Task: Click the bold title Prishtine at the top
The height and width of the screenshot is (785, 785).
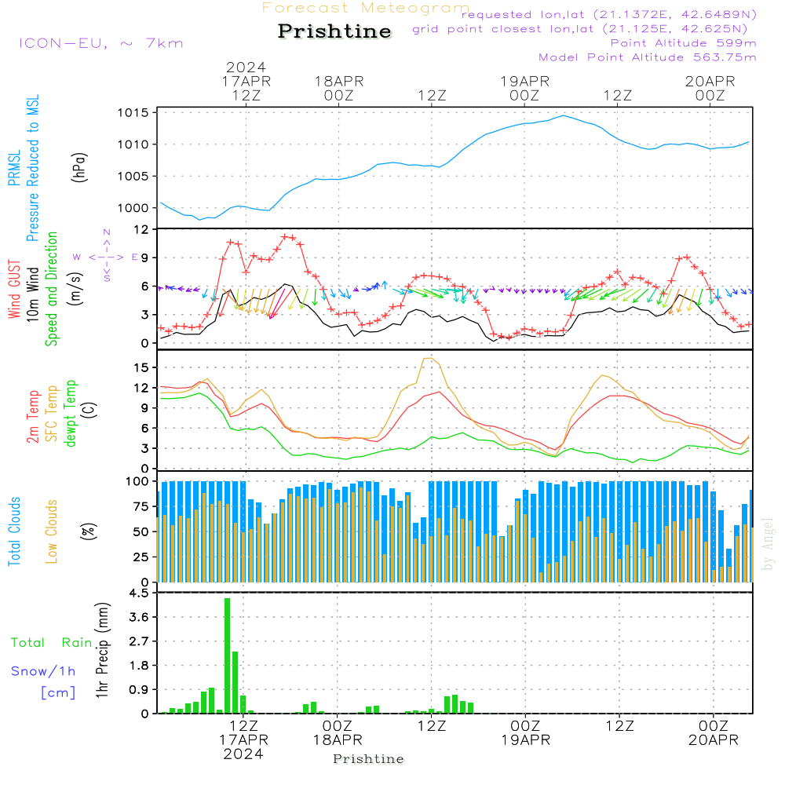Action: (x=334, y=31)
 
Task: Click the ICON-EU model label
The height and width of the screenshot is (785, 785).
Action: (x=100, y=43)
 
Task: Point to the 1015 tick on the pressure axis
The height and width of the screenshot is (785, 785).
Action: (x=133, y=113)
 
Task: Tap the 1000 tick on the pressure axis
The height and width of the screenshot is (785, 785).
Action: (x=133, y=208)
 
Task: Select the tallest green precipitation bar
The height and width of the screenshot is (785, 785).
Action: (x=227, y=655)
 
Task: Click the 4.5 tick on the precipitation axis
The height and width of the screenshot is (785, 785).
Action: (x=138, y=593)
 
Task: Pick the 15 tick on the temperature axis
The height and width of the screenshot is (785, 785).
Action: (x=142, y=367)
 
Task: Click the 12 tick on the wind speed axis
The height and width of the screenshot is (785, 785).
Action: (x=142, y=229)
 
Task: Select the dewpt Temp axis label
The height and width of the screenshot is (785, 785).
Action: (x=71, y=413)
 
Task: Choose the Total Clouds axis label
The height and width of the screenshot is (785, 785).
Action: (x=15, y=531)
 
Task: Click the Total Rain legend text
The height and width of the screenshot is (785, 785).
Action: (x=51, y=643)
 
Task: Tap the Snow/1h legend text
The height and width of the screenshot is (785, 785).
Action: (x=43, y=672)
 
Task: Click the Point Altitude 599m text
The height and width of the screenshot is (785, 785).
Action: (x=683, y=43)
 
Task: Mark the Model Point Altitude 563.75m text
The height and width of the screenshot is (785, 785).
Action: (x=647, y=57)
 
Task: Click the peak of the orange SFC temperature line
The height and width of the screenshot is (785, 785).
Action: (x=428, y=359)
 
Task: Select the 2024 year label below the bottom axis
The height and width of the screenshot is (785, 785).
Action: (x=243, y=754)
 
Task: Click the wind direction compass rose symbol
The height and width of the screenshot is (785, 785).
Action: (x=107, y=257)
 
